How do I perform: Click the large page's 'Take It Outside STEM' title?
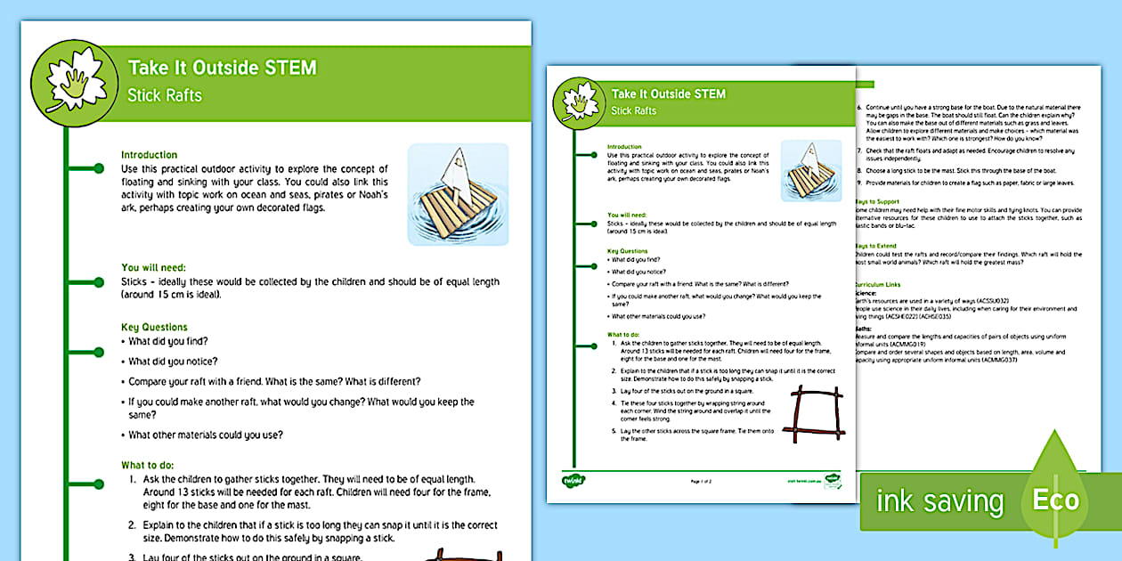pyautogui.click(x=222, y=69)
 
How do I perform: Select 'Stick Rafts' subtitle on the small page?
pyautogui.click(x=633, y=110)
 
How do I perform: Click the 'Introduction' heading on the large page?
pyautogui.click(x=149, y=154)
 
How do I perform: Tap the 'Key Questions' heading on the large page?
pyautogui.click(x=154, y=327)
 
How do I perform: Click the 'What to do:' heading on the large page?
pyautogui.click(x=147, y=465)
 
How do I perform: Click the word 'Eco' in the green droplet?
pyautogui.click(x=1055, y=500)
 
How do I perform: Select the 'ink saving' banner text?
pyautogui.click(x=939, y=501)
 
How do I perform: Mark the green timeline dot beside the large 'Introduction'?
pyautogui.click(x=99, y=167)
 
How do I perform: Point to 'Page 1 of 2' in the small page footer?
pyautogui.click(x=702, y=482)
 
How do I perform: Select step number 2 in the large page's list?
pyautogui.click(x=132, y=524)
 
